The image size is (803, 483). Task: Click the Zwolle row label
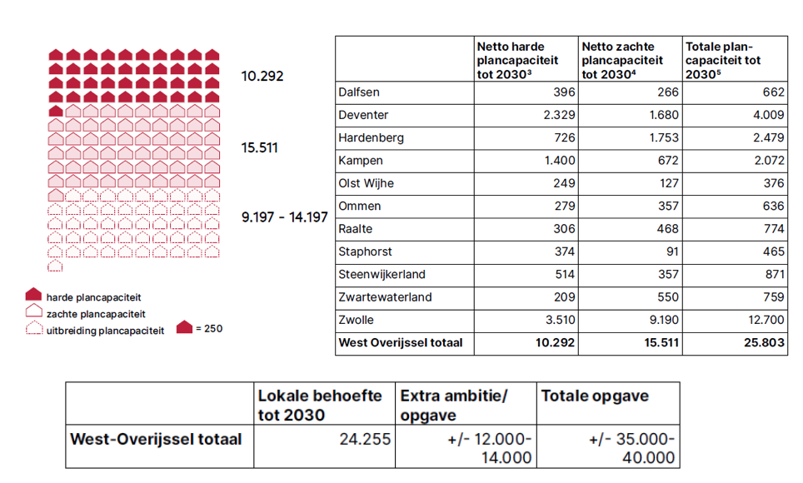click(356, 320)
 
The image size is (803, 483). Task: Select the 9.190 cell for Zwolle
click(664, 320)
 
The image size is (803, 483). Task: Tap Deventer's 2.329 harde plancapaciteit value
click(559, 115)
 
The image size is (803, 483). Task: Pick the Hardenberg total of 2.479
click(768, 137)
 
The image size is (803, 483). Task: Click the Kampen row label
click(361, 161)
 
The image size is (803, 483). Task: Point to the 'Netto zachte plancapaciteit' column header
click(622, 61)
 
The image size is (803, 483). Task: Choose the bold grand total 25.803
click(764, 342)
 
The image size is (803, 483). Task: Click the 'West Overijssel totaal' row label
click(401, 342)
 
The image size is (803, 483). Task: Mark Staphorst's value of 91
click(672, 251)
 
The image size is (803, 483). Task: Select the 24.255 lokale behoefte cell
click(365, 439)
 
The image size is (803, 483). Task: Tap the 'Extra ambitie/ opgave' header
click(454, 406)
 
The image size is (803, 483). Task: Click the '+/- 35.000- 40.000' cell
click(631, 448)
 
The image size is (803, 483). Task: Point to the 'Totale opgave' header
click(595, 396)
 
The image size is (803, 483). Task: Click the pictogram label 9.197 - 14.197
click(285, 217)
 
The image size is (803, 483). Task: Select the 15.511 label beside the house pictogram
click(260, 148)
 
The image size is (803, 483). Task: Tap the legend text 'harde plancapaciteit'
click(94, 297)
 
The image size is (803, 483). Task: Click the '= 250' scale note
click(209, 329)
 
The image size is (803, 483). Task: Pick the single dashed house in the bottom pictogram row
click(55, 266)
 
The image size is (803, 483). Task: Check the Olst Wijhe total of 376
click(773, 183)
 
